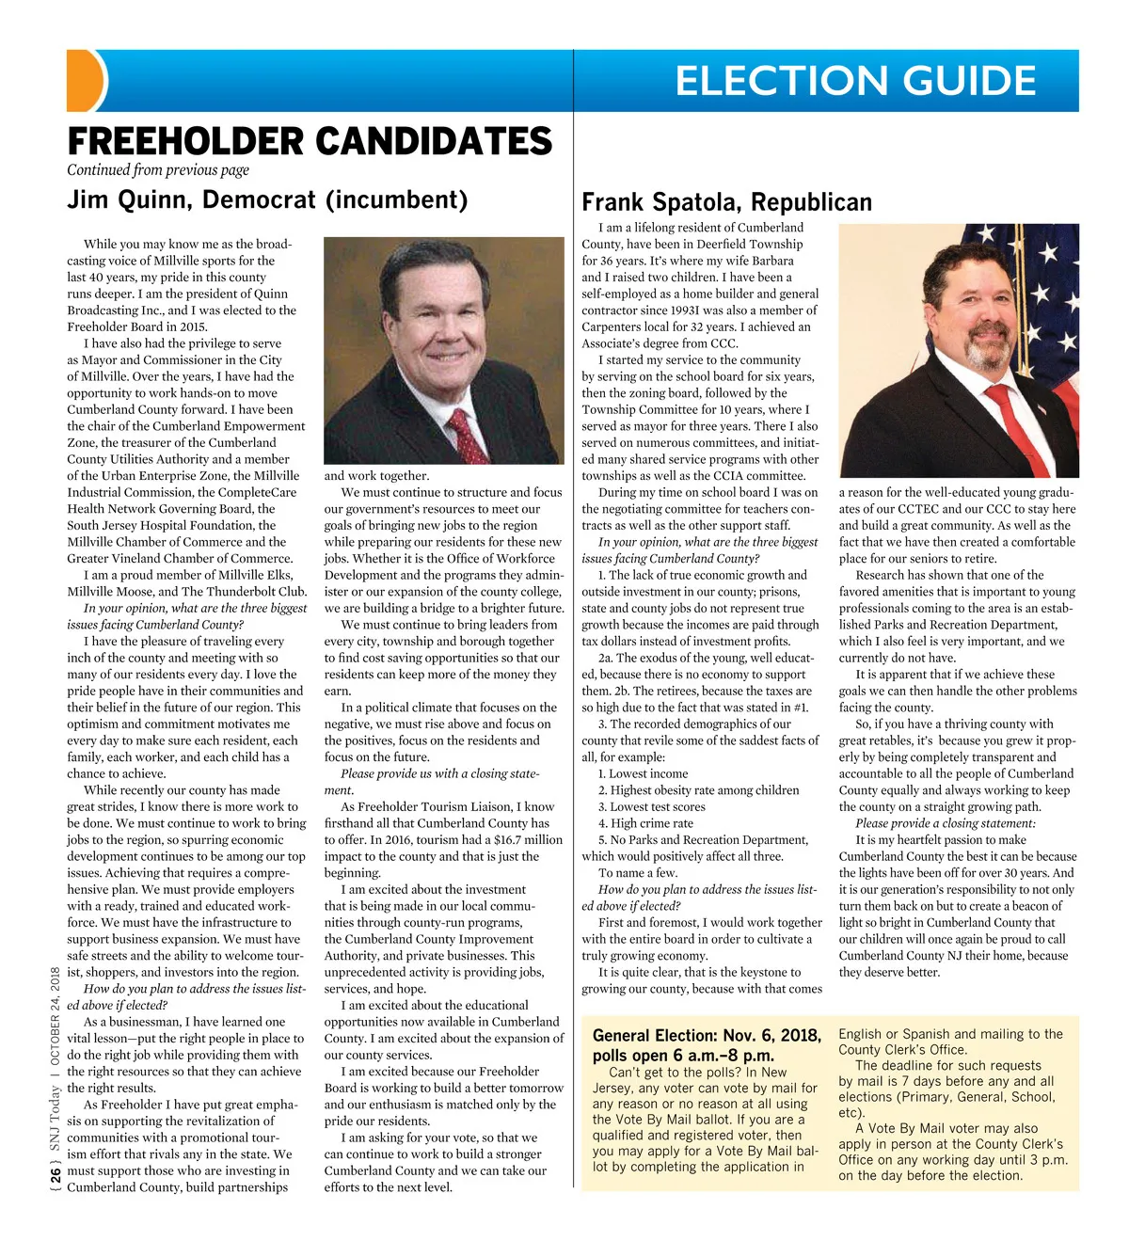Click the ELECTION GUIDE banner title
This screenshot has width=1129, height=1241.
[855, 81]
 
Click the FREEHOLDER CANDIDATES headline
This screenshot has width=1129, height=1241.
[310, 142]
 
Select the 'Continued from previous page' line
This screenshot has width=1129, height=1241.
[158, 170]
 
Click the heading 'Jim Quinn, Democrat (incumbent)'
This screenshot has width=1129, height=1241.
[267, 200]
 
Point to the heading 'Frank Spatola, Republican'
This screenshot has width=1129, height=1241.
[726, 202]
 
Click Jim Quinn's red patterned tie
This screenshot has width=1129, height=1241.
[468, 436]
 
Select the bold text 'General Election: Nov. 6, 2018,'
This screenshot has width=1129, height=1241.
[706, 1035]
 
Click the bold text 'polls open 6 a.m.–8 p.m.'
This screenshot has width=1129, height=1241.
[683, 1055]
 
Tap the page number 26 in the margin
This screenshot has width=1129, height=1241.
[56, 1175]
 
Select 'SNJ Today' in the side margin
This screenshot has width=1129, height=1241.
[56, 1117]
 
